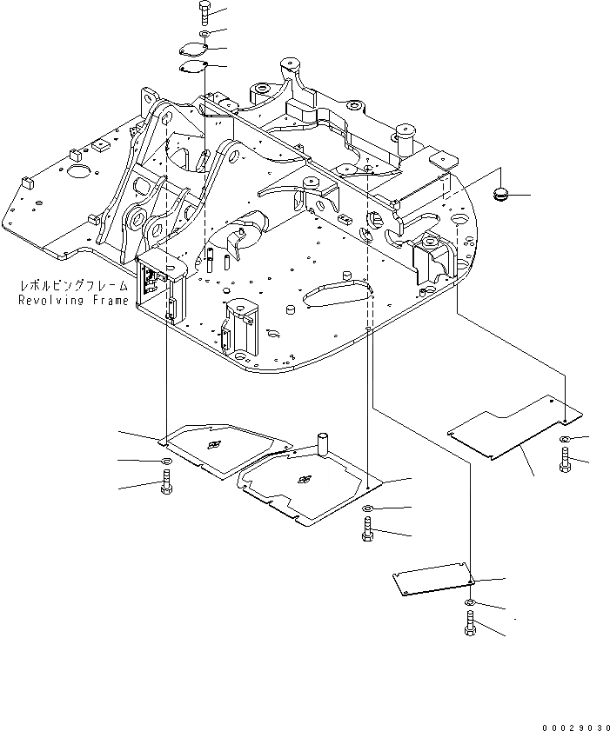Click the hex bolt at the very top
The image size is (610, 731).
(203, 12)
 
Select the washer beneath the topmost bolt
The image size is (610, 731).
(203, 34)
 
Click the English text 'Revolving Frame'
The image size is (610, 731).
(73, 300)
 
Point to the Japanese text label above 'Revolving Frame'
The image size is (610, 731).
(73, 286)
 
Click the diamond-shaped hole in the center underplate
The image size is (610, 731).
(305, 479)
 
